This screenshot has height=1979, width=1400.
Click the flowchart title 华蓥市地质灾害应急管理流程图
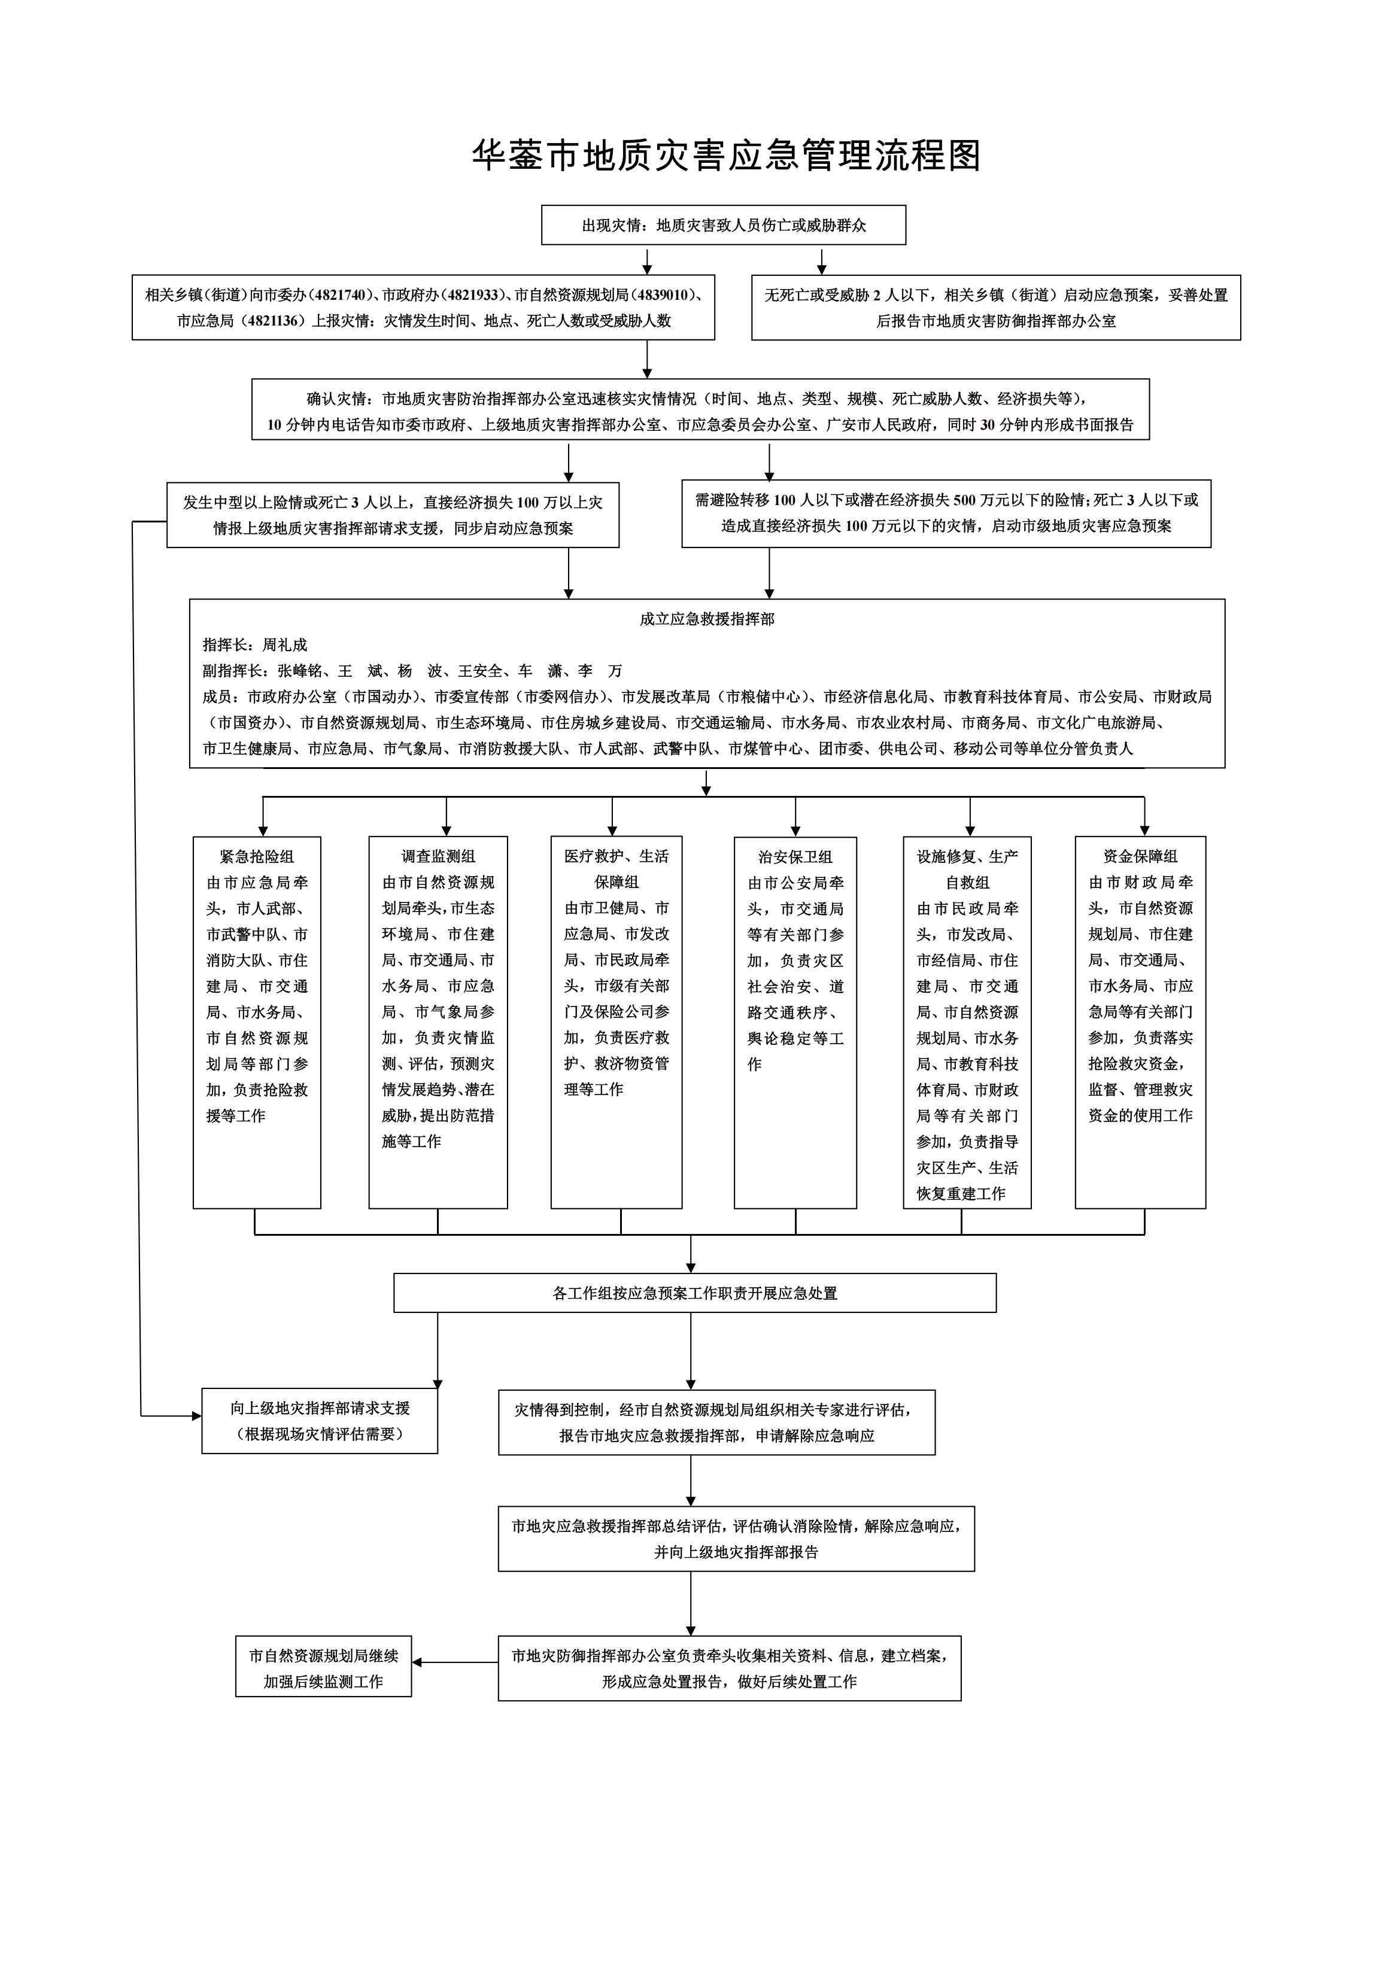(x=726, y=156)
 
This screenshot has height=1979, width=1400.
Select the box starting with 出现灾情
(x=723, y=225)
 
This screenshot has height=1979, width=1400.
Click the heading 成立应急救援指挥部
(x=707, y=619)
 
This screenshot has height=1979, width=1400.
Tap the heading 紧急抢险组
(x=257, y=857)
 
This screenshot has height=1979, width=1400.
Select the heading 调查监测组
(x=438, y=857)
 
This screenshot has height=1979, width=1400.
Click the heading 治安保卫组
(x=795, y=857)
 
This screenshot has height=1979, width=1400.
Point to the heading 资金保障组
(x=1140, y=857)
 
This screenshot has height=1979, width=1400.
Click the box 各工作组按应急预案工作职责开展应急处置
(x=695, y=1293)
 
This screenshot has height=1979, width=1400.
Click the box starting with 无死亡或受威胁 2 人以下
(x=996, y=308)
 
